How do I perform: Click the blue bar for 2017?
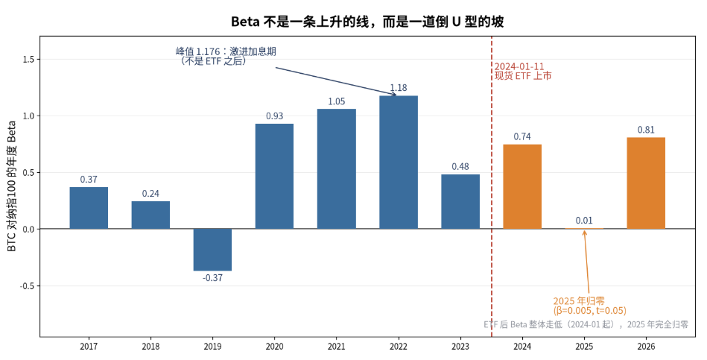coord(89,208)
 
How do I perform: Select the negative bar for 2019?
coord(212,250)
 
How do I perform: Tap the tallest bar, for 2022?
coord(399,162)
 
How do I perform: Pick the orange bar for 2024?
coord(522,187)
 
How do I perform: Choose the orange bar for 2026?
coord(646,183)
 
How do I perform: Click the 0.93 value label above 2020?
coord(275,116)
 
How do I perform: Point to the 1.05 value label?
coord(337,101)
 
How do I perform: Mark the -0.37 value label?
coord(212,278)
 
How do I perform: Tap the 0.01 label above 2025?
coord(584,221)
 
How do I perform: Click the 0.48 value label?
coord(460,166)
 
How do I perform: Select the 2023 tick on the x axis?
coord(460,347)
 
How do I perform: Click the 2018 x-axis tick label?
coord(150,347)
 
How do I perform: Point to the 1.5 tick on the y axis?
coord(29,60)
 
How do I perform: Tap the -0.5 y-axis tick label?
coord(27,286)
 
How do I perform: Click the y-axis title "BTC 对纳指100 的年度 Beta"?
coord(11,186)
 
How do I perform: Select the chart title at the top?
coord(367,21)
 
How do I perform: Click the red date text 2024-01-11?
coord(519,67)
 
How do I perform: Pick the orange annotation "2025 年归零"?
coord(579,301)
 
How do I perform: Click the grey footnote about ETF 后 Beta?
coord(586,324)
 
